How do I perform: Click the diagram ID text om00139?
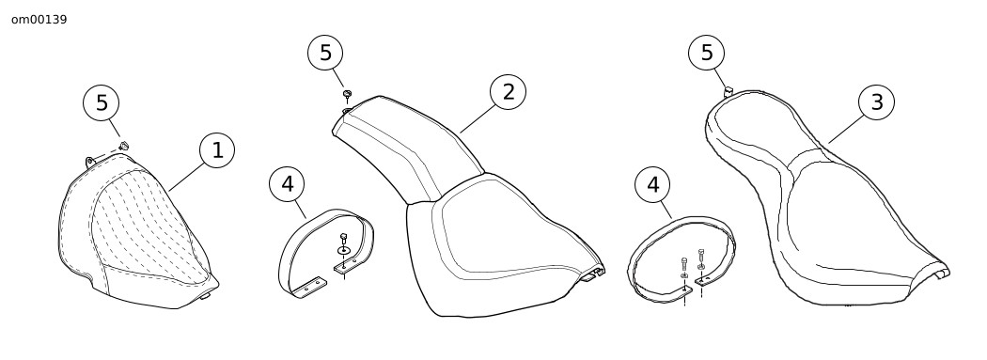[x=39, y=20]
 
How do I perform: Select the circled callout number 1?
[x=217, y=150]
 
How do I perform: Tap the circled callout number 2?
[x=508, y=92]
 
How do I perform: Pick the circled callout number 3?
[x=876, y=102]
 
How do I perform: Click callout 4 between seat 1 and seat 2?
[x=287, y=184]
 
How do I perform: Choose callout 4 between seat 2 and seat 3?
[x=652, y=185]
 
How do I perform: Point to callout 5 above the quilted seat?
[x=102, y=102]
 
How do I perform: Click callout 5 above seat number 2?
[x=325, y=53]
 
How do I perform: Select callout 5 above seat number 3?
[x=706, y=53]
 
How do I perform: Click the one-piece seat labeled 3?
[x=824, y=201]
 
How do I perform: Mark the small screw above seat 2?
[x=347, y=95]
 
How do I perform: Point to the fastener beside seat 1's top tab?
[x=124, y=147]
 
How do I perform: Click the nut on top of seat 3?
[x=728, y=92]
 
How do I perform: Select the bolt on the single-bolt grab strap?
[x=344, y=239]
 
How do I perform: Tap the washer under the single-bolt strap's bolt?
[x=344, y=251]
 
